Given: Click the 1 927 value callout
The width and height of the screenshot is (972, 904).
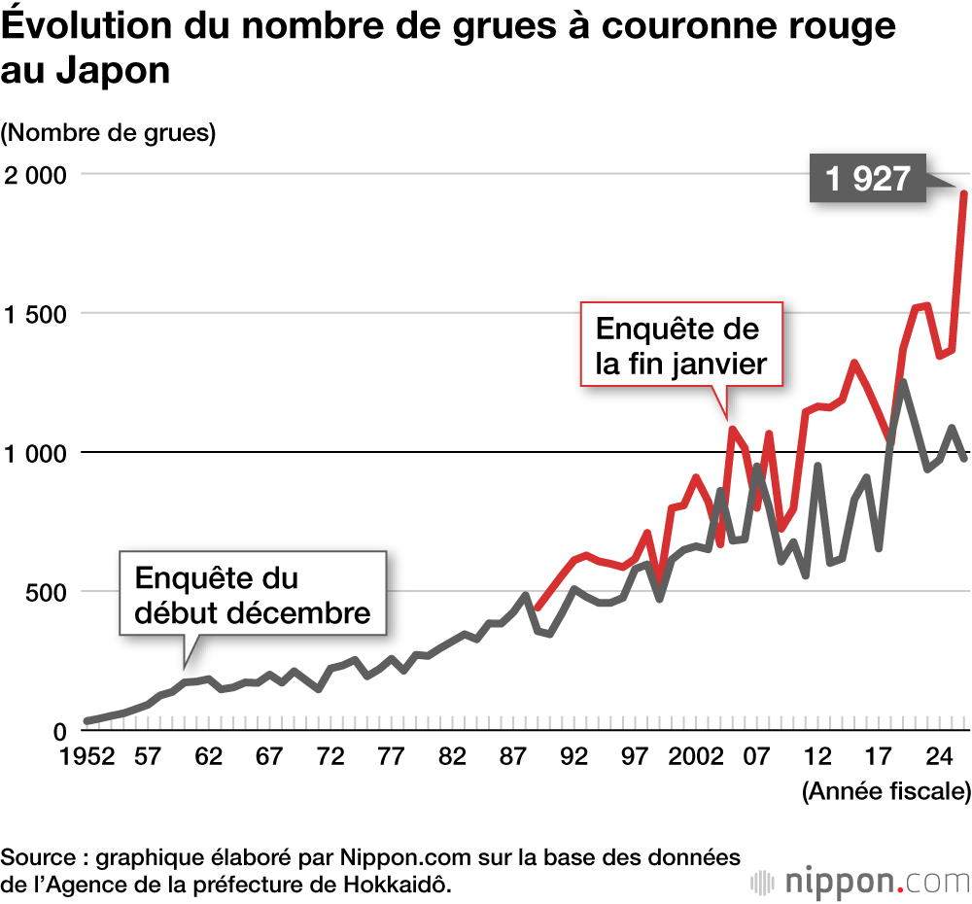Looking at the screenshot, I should [867, 179].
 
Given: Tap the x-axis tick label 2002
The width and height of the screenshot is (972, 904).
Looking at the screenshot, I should [695, 757].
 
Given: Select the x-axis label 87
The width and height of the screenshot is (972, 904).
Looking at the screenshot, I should [514, 757].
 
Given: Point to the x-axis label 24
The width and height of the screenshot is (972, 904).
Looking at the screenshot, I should [939, 757].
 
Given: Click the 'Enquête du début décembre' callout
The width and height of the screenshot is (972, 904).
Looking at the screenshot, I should [253, 595].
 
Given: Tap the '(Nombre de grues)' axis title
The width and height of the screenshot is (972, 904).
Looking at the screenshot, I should [108, 133].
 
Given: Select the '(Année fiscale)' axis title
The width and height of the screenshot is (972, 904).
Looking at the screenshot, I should [885, 791].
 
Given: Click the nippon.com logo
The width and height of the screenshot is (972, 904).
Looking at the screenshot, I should [860, 856].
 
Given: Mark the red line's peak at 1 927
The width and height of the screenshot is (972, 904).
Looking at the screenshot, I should [963, 193].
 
